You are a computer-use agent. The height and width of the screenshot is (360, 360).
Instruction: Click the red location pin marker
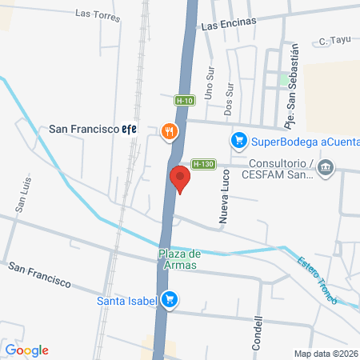click(x=180, y=178)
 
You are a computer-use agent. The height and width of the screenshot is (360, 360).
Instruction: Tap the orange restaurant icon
click(x=169, y=133)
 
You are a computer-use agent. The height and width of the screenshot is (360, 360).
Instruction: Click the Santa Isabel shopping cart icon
click(x=169, y=301)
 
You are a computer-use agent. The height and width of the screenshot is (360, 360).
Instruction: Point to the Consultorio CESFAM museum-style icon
click(x=325, y=167)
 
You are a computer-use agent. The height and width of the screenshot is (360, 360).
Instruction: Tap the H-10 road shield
click(x=184, y=101)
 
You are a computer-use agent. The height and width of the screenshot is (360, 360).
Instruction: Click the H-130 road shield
click(x=203, y=164)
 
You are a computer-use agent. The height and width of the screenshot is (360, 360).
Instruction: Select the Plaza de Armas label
click(x=178, y=259)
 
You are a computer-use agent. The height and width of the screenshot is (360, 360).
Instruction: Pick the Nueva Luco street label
click(x=225, y=205)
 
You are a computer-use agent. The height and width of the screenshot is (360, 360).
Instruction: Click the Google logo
click(x=27, y=350)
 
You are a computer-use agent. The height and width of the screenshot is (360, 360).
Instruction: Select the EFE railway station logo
click(x=129, y=129)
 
